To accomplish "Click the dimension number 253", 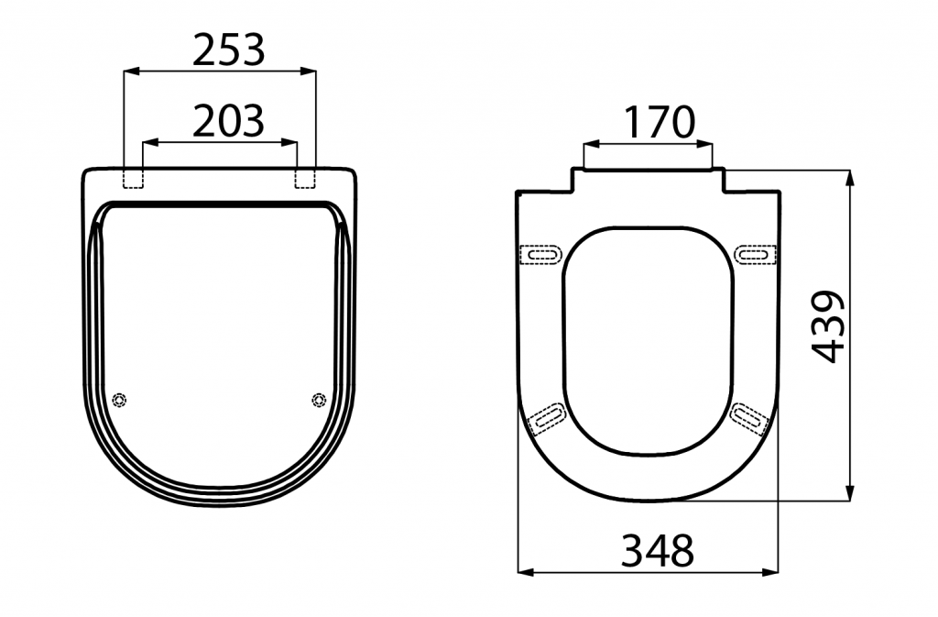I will click(x=228, y=50).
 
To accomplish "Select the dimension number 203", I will click(x=228, y=120).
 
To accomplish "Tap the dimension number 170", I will click(x=659, y=122).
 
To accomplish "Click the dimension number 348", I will click(x=658, y=550).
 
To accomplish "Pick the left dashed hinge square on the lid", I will click(x=134, y=179).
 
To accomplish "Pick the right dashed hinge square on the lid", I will click(x=305, y=179).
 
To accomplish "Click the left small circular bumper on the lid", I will click(x=119, y=400).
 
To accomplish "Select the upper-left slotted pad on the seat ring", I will click(x=540, y=254).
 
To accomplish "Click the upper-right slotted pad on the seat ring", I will click(x=756, y=254).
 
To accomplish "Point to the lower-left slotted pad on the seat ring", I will click(x=549, y=416).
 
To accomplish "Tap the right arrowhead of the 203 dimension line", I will click(x=292, y=142).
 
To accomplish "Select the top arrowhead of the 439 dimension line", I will click(x=851, y=176).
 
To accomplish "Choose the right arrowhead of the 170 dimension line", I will click(x=706, y=144).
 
